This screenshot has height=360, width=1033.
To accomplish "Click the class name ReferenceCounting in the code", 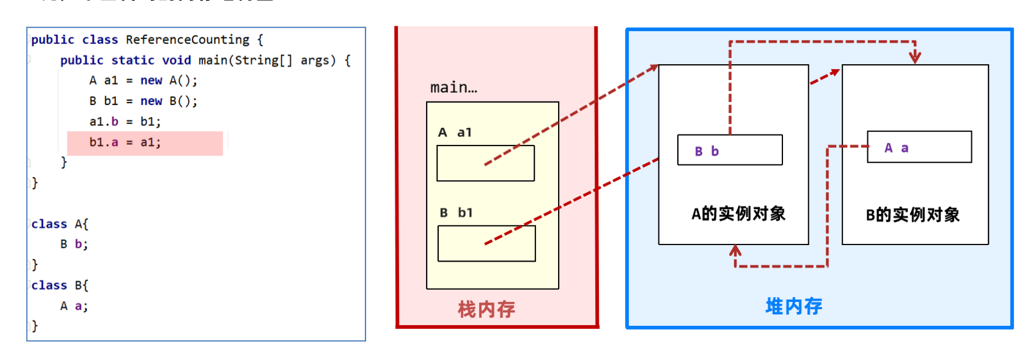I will [187, 40].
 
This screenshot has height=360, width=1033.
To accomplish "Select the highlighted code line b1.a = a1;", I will [125, 142].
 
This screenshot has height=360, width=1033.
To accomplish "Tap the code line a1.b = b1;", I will [125, 122].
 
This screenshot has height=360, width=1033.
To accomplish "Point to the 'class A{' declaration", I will [59, 224].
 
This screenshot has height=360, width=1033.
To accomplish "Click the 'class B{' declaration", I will [59, 285].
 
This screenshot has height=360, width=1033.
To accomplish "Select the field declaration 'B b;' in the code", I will [74, 244].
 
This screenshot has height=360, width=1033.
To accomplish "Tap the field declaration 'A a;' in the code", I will [74, 306].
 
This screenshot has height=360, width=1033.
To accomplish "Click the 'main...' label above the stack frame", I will [454, 87].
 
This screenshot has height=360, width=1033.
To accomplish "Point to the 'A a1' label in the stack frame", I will [455, 132].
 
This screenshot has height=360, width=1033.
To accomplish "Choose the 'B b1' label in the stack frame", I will [456, 213].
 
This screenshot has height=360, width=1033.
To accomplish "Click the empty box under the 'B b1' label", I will [487, 243].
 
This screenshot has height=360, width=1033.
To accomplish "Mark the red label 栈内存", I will [487, 309].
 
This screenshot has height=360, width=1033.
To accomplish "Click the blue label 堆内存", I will [793, 306].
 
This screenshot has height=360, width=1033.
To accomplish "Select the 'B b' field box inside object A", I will [730, 150].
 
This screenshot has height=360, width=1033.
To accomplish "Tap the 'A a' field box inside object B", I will [919, 147].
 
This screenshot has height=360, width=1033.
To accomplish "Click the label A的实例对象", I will [738, 213].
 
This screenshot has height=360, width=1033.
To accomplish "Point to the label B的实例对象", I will [913, 215].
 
